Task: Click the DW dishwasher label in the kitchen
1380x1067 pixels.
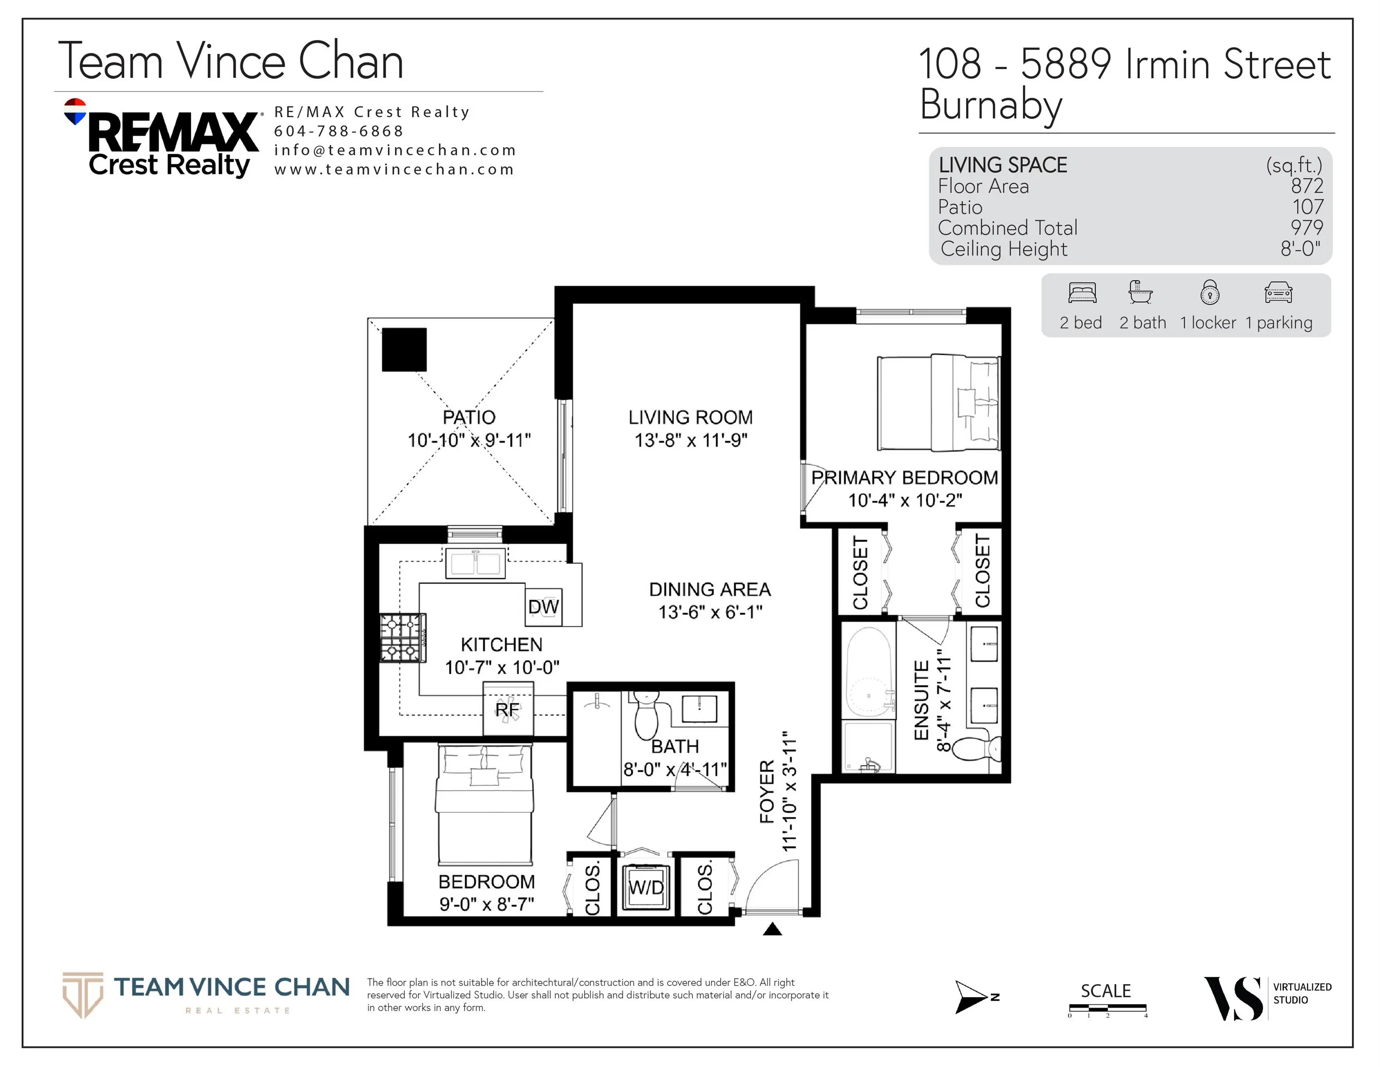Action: tap(543, 607)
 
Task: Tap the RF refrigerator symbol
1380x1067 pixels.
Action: tap(508, 709)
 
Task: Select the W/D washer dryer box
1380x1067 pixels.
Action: tap(646, 887)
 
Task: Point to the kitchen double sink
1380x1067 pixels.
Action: tap(476, 563)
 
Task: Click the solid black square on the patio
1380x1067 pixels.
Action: tap(405, 350)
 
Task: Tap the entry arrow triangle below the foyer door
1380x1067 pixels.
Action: tap(772, 929)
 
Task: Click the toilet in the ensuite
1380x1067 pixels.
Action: tap(975, 749)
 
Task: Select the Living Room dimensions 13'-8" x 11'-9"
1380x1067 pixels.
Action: tap(691, 440)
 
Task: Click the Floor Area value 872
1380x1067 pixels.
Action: tap(1307, 186)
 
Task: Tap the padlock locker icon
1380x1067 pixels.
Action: tap(1209, 292)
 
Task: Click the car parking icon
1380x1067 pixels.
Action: tap(1278, 293)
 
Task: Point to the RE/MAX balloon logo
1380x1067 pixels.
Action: tap(75, 111)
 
